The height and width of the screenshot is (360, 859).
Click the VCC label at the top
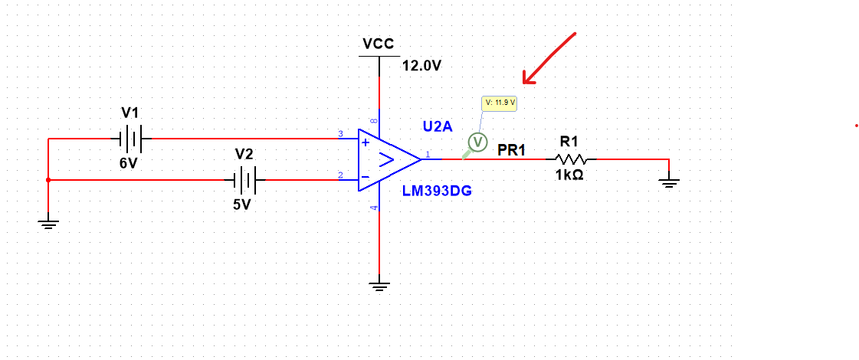pyautogui.click(x=379, y=44)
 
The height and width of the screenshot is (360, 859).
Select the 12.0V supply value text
pyautogui.click(x=421, y=66)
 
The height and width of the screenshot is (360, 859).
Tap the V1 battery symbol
pyautogui.click(x=131, y=139)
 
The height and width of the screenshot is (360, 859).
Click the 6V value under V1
pyautogui.click(x=129, y=164)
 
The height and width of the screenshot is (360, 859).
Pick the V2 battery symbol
pyautogui.click(x=244, y=180)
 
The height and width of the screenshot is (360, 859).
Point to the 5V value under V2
pyautogui.click(x=242, y=205)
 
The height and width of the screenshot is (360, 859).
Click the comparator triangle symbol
pyautogui.click(x=388, y=159)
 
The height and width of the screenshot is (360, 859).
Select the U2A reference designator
pyautogui.click(x=438, y=125)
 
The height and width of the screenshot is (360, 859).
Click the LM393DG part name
pyautogui.click(x=437, y=191)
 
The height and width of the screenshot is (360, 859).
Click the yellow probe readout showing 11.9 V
pyautogui.click(x=500, y=103)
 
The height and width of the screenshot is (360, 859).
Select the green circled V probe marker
pyautogui.click(x=477, y=142)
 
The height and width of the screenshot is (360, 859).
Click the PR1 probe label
pyautogui.click(x=512, y=150)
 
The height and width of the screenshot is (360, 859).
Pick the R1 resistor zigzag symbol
pyautogui.click(x=571, y=159)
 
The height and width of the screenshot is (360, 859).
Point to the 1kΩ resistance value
pyautogui.click(x=569, y=175)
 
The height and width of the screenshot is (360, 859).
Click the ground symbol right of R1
pyautogui.click(x=669, y=182)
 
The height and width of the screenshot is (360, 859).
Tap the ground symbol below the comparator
pyautogui.click(x=379, y=286)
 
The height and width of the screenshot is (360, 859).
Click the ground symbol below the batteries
pyautogui.click(x=48, y=224)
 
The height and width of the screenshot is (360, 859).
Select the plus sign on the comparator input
pyautogui.click(x=366, y=142)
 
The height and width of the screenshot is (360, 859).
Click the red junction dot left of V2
pyautogui.click(x=48, y=180)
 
